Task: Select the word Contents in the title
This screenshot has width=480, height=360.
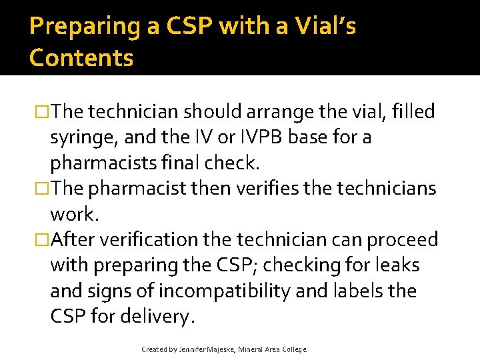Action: pyautogui.click(x=81, y=58)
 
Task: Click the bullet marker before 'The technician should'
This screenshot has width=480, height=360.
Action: pyautogui.click(x=43, y=111)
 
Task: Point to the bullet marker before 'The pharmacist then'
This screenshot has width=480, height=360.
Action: pyautogui.click(x=43, y=188)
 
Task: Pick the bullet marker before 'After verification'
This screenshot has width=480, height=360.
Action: pyautogui.click(x=43, y=239)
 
